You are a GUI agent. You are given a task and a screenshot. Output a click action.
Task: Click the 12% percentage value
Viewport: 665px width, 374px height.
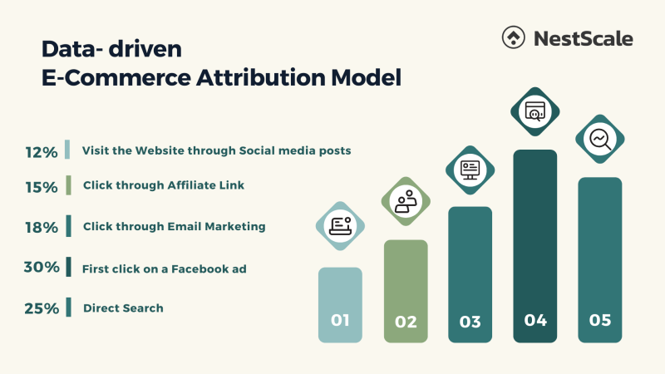[x=41, y=152]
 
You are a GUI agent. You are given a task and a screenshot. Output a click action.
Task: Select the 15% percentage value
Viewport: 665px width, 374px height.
[x=41, y=188]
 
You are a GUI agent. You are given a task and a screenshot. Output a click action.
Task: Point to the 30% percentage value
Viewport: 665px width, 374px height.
[x=41, y=268]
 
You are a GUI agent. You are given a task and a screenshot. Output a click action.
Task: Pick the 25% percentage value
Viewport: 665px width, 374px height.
[x=41, y=309]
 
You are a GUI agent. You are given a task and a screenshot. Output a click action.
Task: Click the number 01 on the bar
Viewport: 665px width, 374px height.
[x=340, y=320]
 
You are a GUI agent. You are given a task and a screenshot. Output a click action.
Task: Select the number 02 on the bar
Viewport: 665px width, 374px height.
[x=406, y=322]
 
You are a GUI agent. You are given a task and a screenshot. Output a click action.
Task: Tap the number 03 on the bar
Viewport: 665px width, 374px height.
[x=470, y=322]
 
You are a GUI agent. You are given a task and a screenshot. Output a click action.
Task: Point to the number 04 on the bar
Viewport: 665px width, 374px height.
[x=534, y=319]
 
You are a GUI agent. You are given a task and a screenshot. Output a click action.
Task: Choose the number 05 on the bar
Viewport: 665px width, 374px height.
[x=600, y=320]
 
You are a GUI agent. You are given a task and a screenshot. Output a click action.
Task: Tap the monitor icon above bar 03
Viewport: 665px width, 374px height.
[x=470, y=170]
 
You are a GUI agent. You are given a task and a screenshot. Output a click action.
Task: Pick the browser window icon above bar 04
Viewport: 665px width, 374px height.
[x=534, y=111]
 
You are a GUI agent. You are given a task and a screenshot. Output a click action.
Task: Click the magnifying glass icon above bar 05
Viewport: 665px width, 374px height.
[x=599, y=138]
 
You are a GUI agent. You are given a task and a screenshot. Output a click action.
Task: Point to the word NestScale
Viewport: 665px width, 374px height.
[x=584, y=38]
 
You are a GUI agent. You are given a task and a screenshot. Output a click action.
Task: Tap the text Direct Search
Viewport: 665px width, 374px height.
[x=123, y=308]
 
